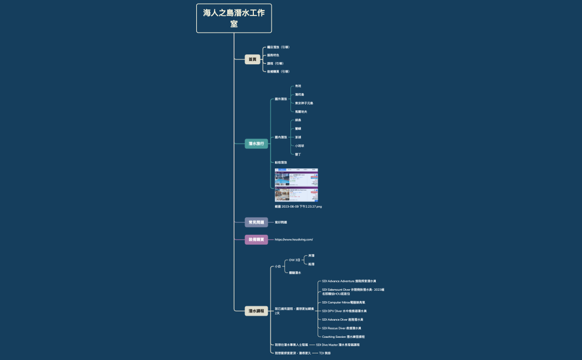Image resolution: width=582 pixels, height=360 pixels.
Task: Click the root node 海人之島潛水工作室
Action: (234, 18)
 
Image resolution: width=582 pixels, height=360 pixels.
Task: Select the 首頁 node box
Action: (252, 59)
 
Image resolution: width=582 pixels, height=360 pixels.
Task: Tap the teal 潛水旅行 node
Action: (257, 144)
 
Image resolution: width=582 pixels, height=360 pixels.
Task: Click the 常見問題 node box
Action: (256, 222)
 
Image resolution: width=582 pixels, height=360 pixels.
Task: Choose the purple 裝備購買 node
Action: (256, 239)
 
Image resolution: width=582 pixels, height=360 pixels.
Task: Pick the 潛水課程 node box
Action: (257, 311)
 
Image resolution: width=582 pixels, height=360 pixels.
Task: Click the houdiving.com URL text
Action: (294, 239)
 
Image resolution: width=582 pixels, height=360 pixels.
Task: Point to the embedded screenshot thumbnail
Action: (297, 185)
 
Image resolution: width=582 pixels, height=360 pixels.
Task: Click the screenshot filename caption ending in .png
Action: (298, 207)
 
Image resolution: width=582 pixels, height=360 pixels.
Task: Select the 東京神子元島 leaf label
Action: (304, 103)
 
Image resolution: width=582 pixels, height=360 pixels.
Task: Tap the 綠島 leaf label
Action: (298, 120)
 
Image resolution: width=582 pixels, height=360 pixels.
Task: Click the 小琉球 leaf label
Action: (299, 146)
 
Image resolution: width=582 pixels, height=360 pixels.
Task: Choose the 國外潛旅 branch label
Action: (281, 99)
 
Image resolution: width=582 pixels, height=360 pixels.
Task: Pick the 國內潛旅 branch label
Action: (281, 137)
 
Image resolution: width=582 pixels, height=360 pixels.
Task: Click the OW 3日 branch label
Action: (294, 260)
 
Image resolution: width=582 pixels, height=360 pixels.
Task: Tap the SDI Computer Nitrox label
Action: (344, 302)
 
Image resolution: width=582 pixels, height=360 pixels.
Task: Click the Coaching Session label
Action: (343, 337)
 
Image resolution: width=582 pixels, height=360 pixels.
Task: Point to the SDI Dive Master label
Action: (338, 344)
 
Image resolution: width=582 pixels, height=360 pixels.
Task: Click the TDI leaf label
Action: (325, 353)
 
